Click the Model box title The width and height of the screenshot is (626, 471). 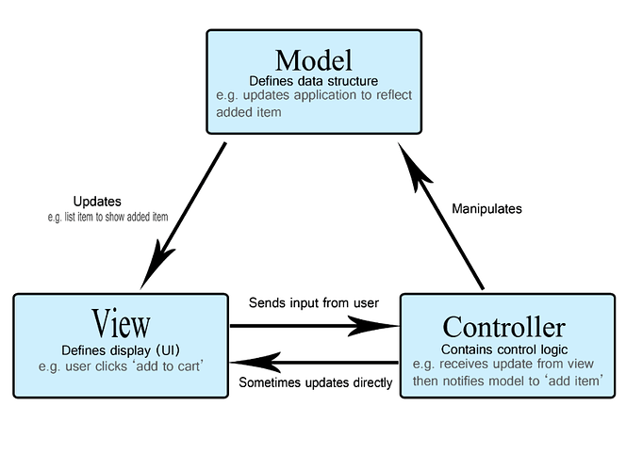coord(313,59)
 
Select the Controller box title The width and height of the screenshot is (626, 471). coord(503,327)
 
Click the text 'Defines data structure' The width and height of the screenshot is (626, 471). coord(313,79)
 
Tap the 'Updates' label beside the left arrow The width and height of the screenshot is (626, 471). coord(97,202)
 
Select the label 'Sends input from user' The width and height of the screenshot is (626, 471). coord(314,303)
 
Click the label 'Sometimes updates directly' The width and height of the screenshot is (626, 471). coord(315,382)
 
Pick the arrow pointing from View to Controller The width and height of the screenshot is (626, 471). coord(314,326)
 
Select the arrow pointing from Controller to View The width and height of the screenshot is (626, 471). coord(314,362)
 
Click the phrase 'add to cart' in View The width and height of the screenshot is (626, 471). coord(162,365)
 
